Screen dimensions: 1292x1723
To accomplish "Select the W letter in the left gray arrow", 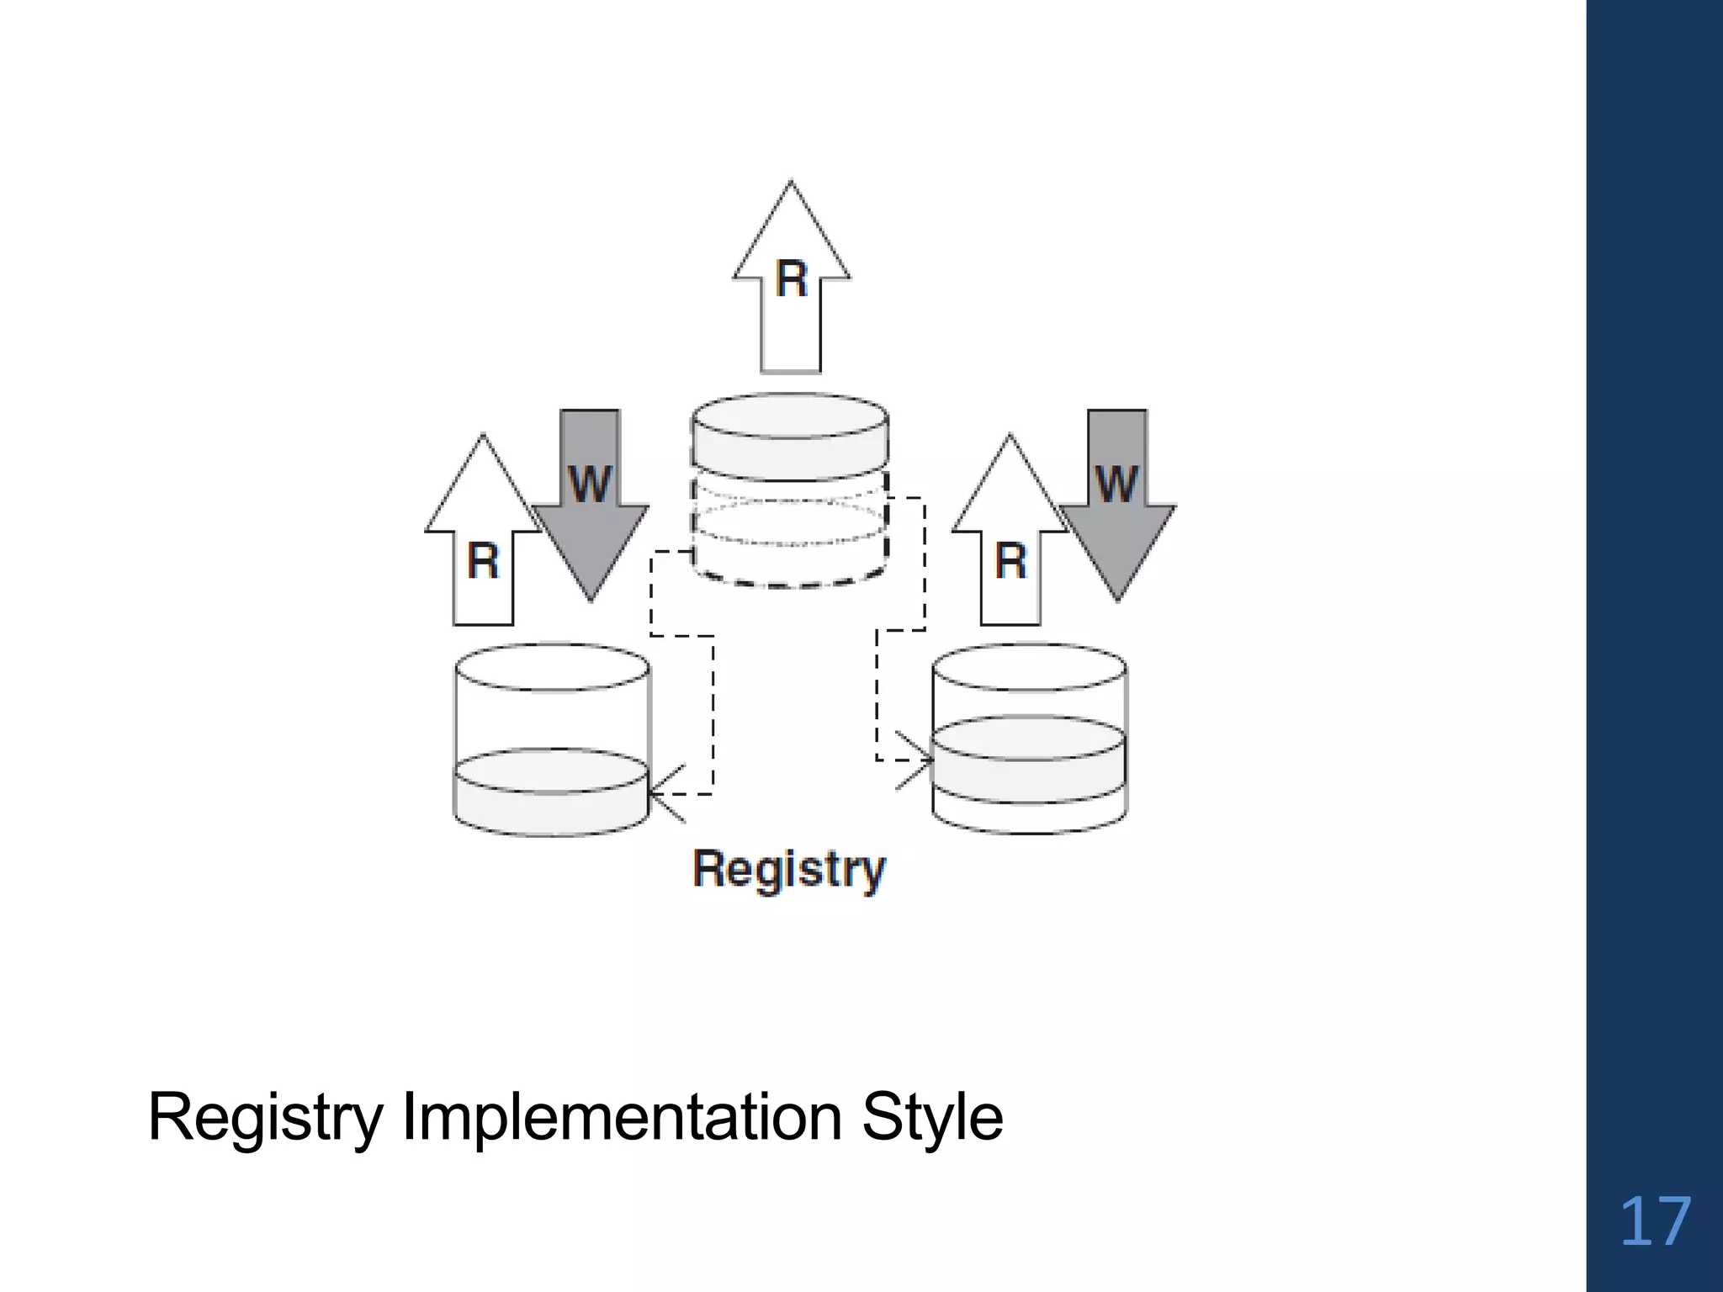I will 590,484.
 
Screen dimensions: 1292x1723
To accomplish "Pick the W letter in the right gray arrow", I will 1116,484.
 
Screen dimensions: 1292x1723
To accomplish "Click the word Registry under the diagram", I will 788,869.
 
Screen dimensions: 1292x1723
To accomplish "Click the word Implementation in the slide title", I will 622,1117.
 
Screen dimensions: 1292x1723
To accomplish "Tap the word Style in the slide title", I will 932,1117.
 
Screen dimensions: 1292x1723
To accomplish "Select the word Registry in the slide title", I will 265,1117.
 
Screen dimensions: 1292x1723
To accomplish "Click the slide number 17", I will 1654,1223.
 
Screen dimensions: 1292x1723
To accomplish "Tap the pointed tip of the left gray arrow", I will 591,598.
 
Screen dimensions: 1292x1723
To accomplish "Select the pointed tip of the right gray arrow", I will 1117,598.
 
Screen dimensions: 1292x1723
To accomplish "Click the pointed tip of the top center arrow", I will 791,184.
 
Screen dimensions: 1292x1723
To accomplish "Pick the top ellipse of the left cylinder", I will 552,668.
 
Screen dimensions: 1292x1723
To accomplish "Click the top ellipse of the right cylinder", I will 1030,668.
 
